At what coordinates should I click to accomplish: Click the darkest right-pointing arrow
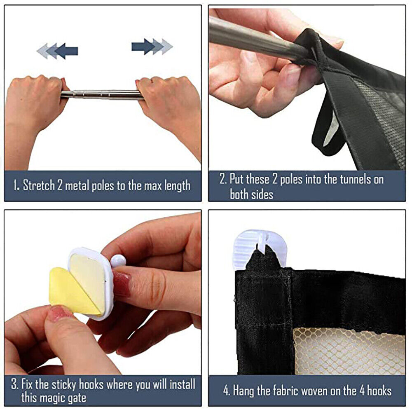click(143, 47)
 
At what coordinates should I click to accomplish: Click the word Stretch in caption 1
click(39, 185)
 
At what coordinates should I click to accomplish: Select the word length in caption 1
click(177, 186)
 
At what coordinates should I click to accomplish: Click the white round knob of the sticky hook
click(117, 261)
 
